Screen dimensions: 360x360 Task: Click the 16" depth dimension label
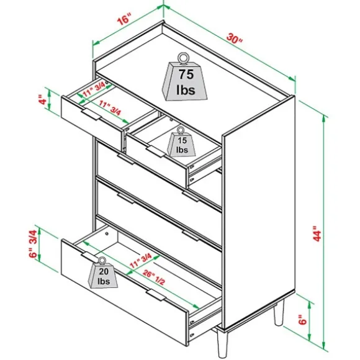click(x=124, y=19)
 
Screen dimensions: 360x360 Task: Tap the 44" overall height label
click(x=317, y=233)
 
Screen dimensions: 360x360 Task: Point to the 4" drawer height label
click(x=42, y=99)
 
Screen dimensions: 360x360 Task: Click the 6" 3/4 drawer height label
click(x=33, y=244)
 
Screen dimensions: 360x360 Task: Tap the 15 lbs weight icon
click(x=181, y=143)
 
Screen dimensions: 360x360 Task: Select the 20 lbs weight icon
click(x=103, y=272)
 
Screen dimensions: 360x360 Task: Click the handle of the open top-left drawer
click(x=91, y=114)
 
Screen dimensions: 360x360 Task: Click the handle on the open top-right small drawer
click(x=156, y=151)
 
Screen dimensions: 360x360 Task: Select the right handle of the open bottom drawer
click(x=156, y=295)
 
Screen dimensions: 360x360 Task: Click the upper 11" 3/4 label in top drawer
click(x=94, y=89)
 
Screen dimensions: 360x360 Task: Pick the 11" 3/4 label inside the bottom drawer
click(x=141, y=261)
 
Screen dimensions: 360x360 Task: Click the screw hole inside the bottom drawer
click(x=107, y=233)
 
